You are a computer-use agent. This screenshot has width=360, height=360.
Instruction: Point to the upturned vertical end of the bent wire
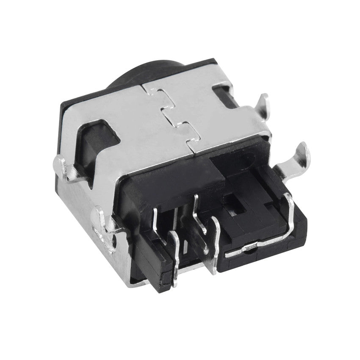click(x=290, y=208)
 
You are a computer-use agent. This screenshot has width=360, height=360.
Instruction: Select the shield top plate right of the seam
click(x=220, y=119)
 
